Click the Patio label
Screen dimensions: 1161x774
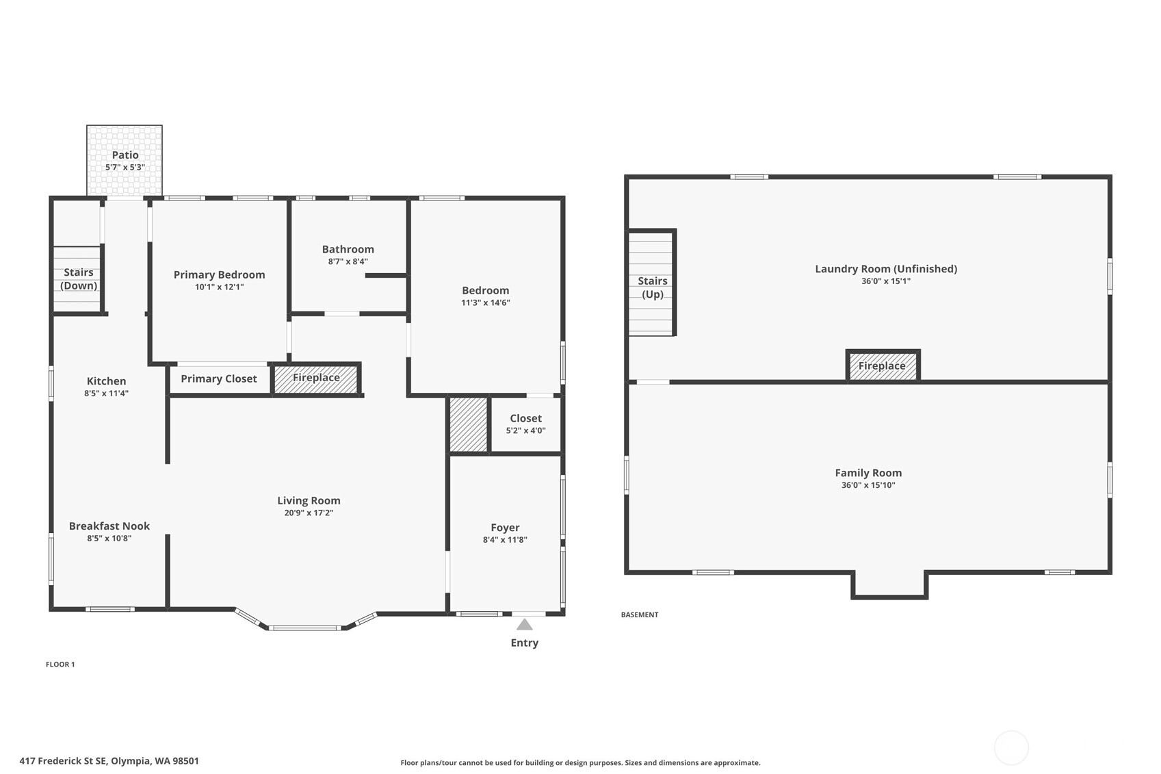pyautogui.click(x=125, y=155)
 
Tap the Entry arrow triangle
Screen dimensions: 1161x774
pyautogui.click(x=525, y=624)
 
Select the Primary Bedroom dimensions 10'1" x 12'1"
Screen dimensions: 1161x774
pyautogui.click(x=219, y=287)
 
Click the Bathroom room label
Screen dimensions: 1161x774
pyautogui.click(x=348, y=249)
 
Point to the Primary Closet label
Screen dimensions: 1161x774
pyautogui.click(x=219, y=379)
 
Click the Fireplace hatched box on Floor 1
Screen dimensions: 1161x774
pyautogui.click(x=316, y=379)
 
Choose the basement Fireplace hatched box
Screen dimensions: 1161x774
pyautogui.click(x=883, y=366)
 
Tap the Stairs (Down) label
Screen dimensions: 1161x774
pyautogui.click(x=79, y=279)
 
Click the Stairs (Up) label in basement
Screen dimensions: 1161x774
pyautogui.click(x=653, y=287)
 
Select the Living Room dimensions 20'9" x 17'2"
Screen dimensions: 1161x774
pyautogui.click(x=309, y=513)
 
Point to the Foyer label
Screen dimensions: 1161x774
pyautogui.click(x=506, y=528)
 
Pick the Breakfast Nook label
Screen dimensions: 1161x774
pyautogui.click(x=109, y=526)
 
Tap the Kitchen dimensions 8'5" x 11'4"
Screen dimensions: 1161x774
pyautogui.click(x=106, y=394)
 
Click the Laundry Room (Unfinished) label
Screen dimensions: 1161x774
pyautogui.click(x=886, y=269)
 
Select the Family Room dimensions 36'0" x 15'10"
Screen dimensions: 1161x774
pyautogui.click(x=868, y=485)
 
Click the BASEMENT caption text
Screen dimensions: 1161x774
pyautogui.click(x=640, y=615)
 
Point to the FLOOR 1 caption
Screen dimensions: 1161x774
pyautogui.click(x=60, y=665)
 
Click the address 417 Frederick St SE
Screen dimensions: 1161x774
pyautogui.click(x=63, y=761)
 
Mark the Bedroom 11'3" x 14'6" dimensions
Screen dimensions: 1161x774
pyautogui.click(x=486, y=302)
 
